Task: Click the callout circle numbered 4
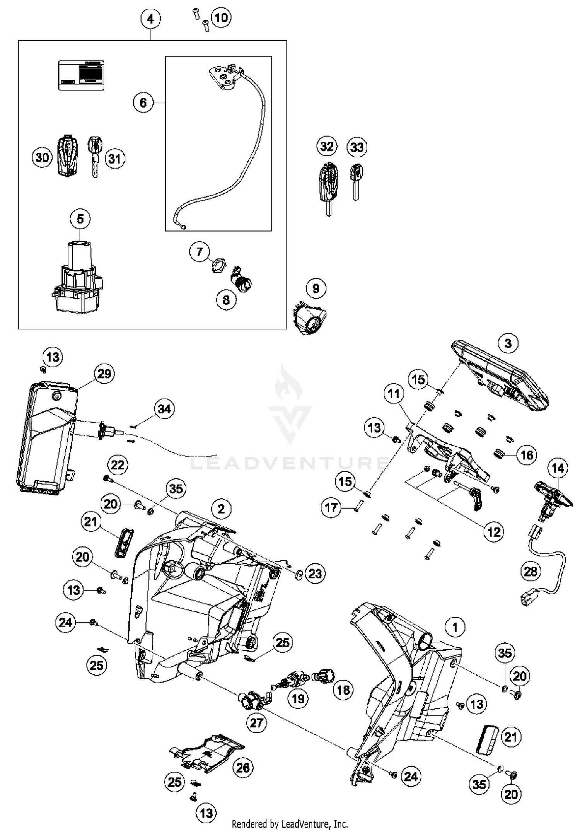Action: click(150, 19)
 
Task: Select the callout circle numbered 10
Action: click(221, 17)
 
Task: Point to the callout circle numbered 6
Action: click(143, 102)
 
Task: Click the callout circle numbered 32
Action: click(327, 147)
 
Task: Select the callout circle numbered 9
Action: click(316, 288)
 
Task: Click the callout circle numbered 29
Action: click(104, 374)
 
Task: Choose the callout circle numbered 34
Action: click(164, 409)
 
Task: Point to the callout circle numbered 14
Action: click(558, 468)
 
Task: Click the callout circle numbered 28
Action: click(531, 571)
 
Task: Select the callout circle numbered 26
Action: click(243, 768)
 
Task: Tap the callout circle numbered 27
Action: click(256, 722)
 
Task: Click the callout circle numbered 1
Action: click(455, 627)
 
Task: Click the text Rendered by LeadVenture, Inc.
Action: click(290, 824)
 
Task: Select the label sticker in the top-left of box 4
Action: click(81, 75)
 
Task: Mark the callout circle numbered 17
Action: click(331, 507)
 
